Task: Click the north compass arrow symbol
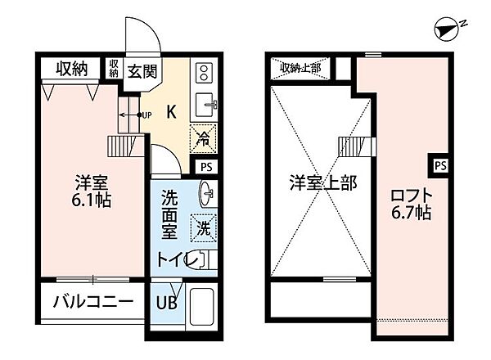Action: point(447,30)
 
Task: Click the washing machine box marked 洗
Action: point(201,227)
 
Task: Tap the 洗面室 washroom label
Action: point(169,214)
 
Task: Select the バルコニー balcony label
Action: point(92,302)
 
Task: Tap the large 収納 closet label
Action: point(71,70)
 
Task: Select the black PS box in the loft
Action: point(440,165)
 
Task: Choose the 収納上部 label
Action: point(301,67)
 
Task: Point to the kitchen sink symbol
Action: point(204,104)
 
